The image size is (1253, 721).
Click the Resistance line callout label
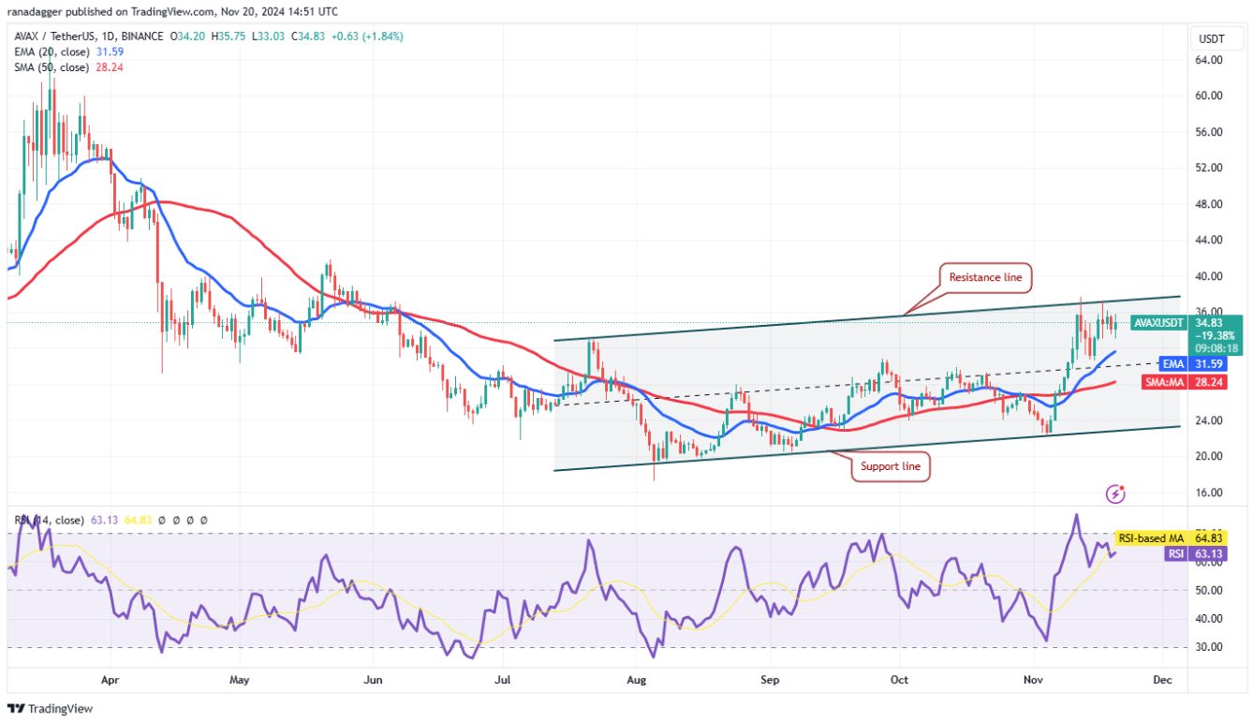click(985, 277)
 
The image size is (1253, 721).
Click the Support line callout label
click(890, 466)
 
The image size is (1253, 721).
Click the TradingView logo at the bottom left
click(51, 709)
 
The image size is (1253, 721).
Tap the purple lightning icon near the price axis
click(1114, 493)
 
